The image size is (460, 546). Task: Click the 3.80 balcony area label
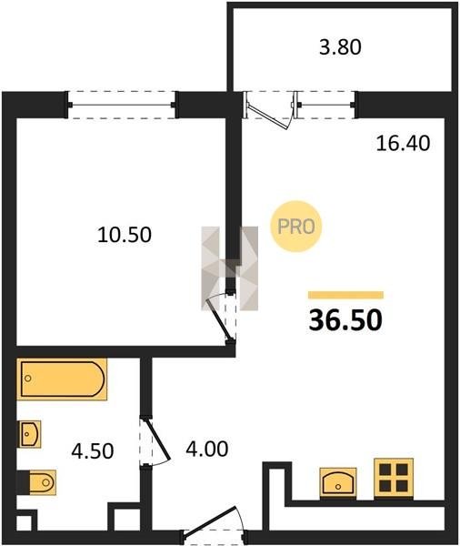point(340,47)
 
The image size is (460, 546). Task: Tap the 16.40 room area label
point(403,143)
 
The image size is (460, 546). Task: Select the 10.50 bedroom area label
point(125,235)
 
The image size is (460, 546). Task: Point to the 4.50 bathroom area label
point(92,451)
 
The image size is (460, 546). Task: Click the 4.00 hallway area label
point(207,449)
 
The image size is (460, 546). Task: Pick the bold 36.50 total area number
point(345,320)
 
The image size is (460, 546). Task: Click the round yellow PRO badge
point(296,227)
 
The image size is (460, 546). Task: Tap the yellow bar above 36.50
point(345,295)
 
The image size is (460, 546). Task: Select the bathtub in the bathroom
point(62,379)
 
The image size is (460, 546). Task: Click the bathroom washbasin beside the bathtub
point(29,434)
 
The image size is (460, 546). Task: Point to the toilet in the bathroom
point(36,482)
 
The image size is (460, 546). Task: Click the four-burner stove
point(394,477)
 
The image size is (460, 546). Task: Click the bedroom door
point(221,318)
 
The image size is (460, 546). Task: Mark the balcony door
point(271,110)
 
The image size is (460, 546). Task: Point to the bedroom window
point(123,105)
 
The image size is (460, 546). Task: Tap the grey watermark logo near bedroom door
point(230,268)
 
